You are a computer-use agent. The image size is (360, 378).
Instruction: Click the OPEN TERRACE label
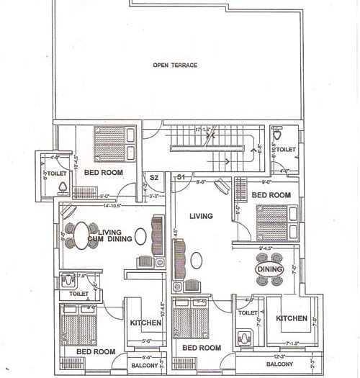[174, 66]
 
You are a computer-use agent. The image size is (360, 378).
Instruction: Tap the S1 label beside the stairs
[181, 176]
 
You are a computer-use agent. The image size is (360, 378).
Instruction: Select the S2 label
[153, 177]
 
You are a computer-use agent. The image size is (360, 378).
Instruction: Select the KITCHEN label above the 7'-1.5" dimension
[292, 318]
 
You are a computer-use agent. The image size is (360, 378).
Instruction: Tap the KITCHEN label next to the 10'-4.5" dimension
[145, 323]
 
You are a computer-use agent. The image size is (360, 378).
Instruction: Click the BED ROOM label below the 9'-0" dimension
[270, 196]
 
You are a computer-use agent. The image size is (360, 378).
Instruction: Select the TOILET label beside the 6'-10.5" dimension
[286, 150]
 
